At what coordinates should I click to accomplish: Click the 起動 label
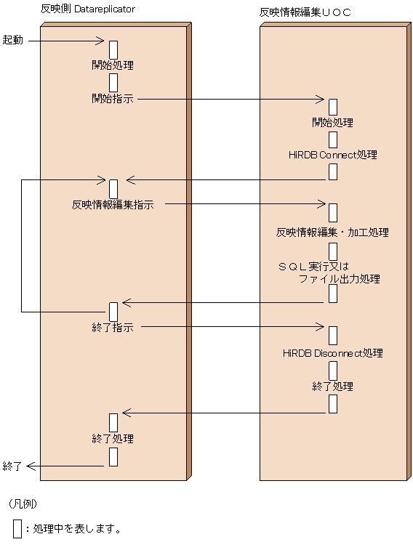click(13, 40)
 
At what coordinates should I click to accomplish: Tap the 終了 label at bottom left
click(13, 466)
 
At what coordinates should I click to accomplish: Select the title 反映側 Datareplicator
click(88, 9)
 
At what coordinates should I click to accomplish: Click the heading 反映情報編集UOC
click(305, 12)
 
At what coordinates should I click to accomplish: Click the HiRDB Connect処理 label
click(332, 155)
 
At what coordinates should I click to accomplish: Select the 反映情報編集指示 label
click(113, 205)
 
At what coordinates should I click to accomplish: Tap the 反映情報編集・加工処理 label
click(332, 232)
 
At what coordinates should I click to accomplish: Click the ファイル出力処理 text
click(339, 278)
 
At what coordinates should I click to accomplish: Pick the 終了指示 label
click(113, 328)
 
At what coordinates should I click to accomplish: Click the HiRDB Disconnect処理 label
click(332, 353)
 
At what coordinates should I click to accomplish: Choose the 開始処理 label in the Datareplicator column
click(113, 65)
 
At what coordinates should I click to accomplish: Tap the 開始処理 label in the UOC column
click(332, 122)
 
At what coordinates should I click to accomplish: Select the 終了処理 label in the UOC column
click(332, 387)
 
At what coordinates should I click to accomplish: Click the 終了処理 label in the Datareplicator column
click(113, 439)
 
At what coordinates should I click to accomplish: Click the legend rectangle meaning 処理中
click(17, 528)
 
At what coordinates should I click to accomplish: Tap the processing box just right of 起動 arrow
click(113, 49)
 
